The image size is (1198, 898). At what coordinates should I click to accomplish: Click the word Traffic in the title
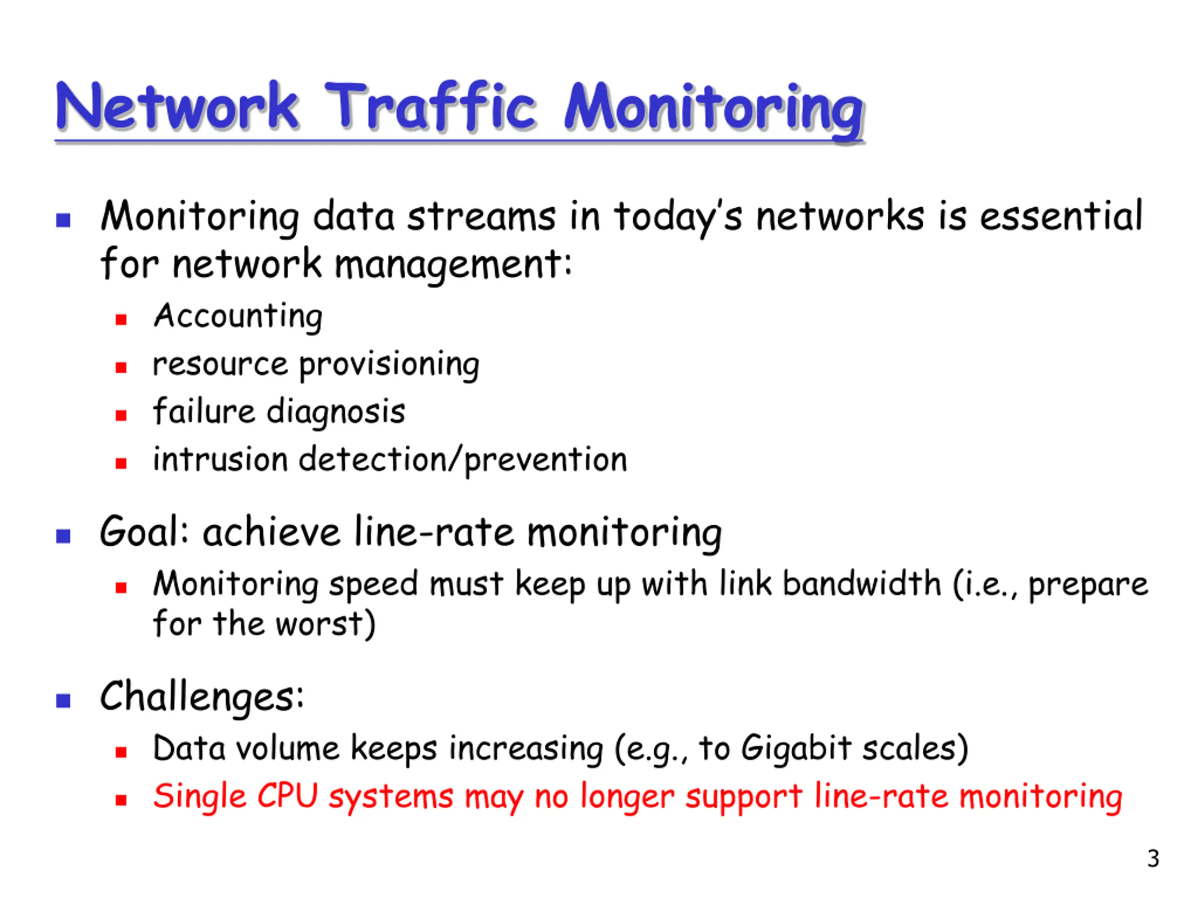431,106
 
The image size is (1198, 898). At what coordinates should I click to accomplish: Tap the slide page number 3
1153,859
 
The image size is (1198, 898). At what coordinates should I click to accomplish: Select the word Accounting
238,316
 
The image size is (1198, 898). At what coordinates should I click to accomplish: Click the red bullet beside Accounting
121,320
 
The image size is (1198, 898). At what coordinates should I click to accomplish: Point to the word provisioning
389,365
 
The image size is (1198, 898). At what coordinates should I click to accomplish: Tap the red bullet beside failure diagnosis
121,416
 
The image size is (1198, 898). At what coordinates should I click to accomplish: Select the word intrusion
220,460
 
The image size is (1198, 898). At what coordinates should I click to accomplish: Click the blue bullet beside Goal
63,536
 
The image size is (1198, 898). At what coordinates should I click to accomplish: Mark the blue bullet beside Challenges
63,701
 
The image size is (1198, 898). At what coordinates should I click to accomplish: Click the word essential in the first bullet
1061,216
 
